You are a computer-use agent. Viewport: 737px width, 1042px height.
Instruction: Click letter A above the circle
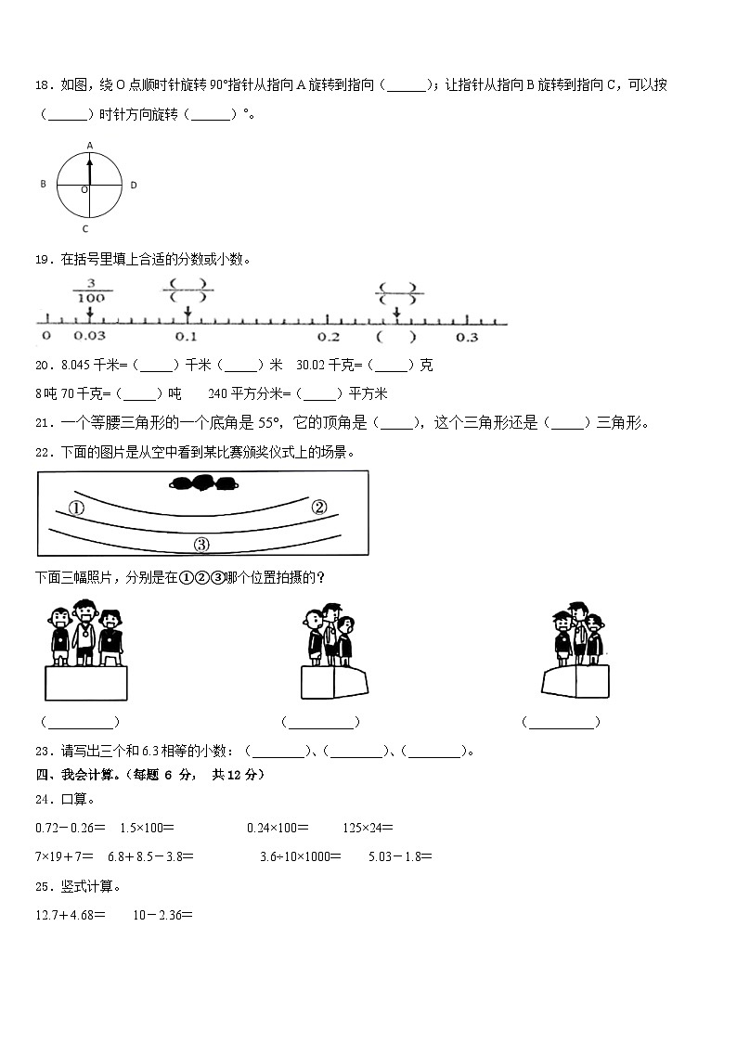(x=90, y=145)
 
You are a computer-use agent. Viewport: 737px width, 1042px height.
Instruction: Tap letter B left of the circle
(x=43, y=185)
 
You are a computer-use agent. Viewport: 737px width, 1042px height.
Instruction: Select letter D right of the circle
(x=134, y=186)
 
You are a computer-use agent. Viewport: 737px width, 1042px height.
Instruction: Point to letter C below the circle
(x=85, y=228)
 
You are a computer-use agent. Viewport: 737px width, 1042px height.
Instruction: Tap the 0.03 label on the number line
(x=90, y=337)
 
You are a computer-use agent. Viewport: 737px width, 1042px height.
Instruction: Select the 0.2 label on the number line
(x=328, y=337)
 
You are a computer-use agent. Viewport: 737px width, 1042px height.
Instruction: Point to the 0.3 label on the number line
(x=467, y=337)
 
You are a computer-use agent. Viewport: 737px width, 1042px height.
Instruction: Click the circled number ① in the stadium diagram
(x=76, y=508)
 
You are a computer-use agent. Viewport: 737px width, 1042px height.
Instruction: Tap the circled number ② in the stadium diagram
(x=318, y=507)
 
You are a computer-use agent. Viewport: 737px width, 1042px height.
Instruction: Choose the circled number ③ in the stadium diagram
(x=201, y=544)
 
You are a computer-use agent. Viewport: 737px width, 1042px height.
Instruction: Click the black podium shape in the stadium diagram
(x=203, y=482)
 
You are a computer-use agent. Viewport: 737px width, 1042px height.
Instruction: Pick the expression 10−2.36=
(x=162, y=915)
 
